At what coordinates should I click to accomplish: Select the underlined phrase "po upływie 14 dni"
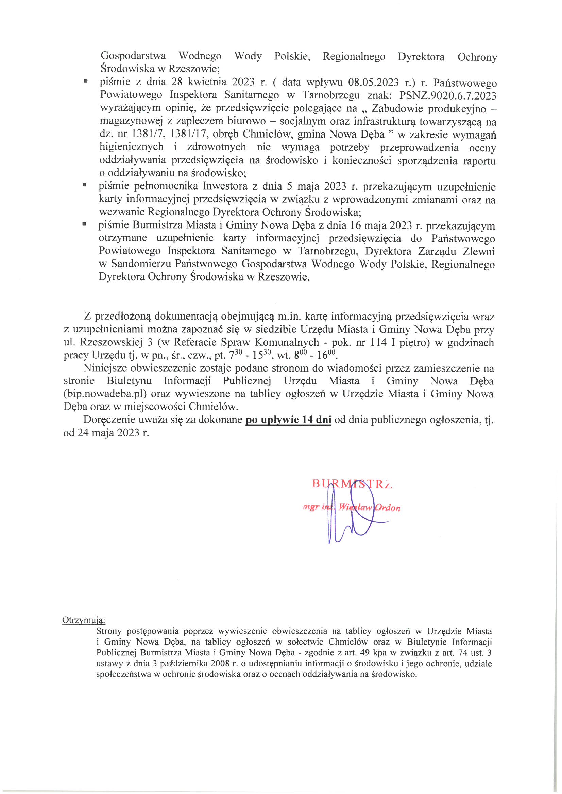[x=288, y=420]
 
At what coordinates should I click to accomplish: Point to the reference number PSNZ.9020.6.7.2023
[x=448, y=95]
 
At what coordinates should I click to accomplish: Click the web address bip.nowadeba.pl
[x=106, y=394]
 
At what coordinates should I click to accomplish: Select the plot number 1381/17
[x=188, y=134]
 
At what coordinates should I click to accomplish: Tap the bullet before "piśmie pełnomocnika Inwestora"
[x=84, y=185]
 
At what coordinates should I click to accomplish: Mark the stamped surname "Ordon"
[x=388, y=508]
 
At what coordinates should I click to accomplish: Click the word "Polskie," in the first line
[x=292, y=56]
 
